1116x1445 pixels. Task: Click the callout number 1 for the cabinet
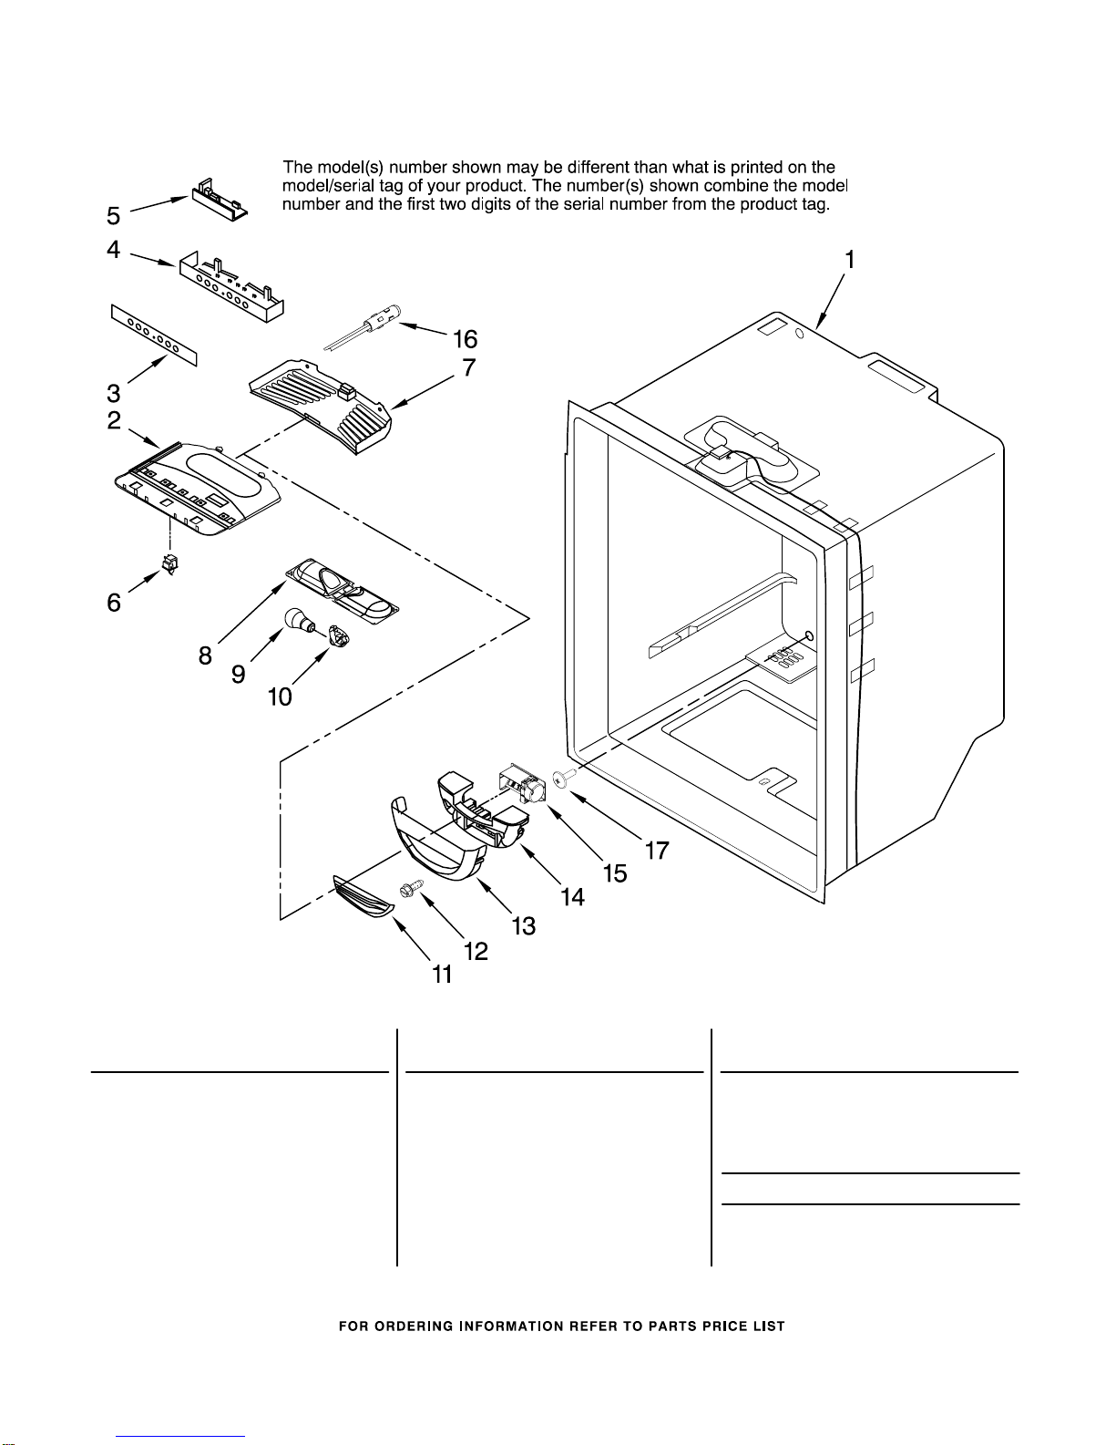(849, 259)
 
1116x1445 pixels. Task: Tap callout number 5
(114, 216)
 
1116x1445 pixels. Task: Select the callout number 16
(465, 339)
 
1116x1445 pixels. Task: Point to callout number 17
(657, 850)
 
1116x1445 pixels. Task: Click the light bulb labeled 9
(299, 621)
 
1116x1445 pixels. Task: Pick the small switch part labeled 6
(170, 564)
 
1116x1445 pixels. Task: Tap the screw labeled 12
(408, 888)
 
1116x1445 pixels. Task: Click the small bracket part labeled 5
(220, 200)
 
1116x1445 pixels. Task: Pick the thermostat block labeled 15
(521, 785)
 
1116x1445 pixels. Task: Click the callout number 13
(524, 925)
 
